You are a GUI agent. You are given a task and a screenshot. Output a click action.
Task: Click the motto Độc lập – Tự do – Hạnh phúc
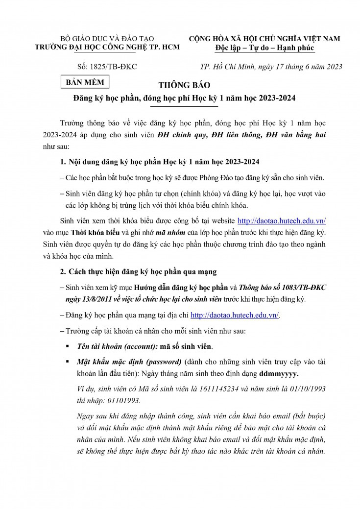pos(264,48)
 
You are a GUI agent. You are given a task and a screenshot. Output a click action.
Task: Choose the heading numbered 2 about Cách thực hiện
pos(138,271)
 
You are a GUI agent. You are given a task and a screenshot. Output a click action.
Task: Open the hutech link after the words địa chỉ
pos(234,315)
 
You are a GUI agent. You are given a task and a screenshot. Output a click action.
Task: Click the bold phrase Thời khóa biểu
pos(94,232)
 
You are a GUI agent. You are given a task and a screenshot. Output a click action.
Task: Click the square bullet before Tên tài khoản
pos(67,346)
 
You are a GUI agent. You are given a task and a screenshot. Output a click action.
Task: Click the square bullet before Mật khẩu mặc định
pos(67,362)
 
